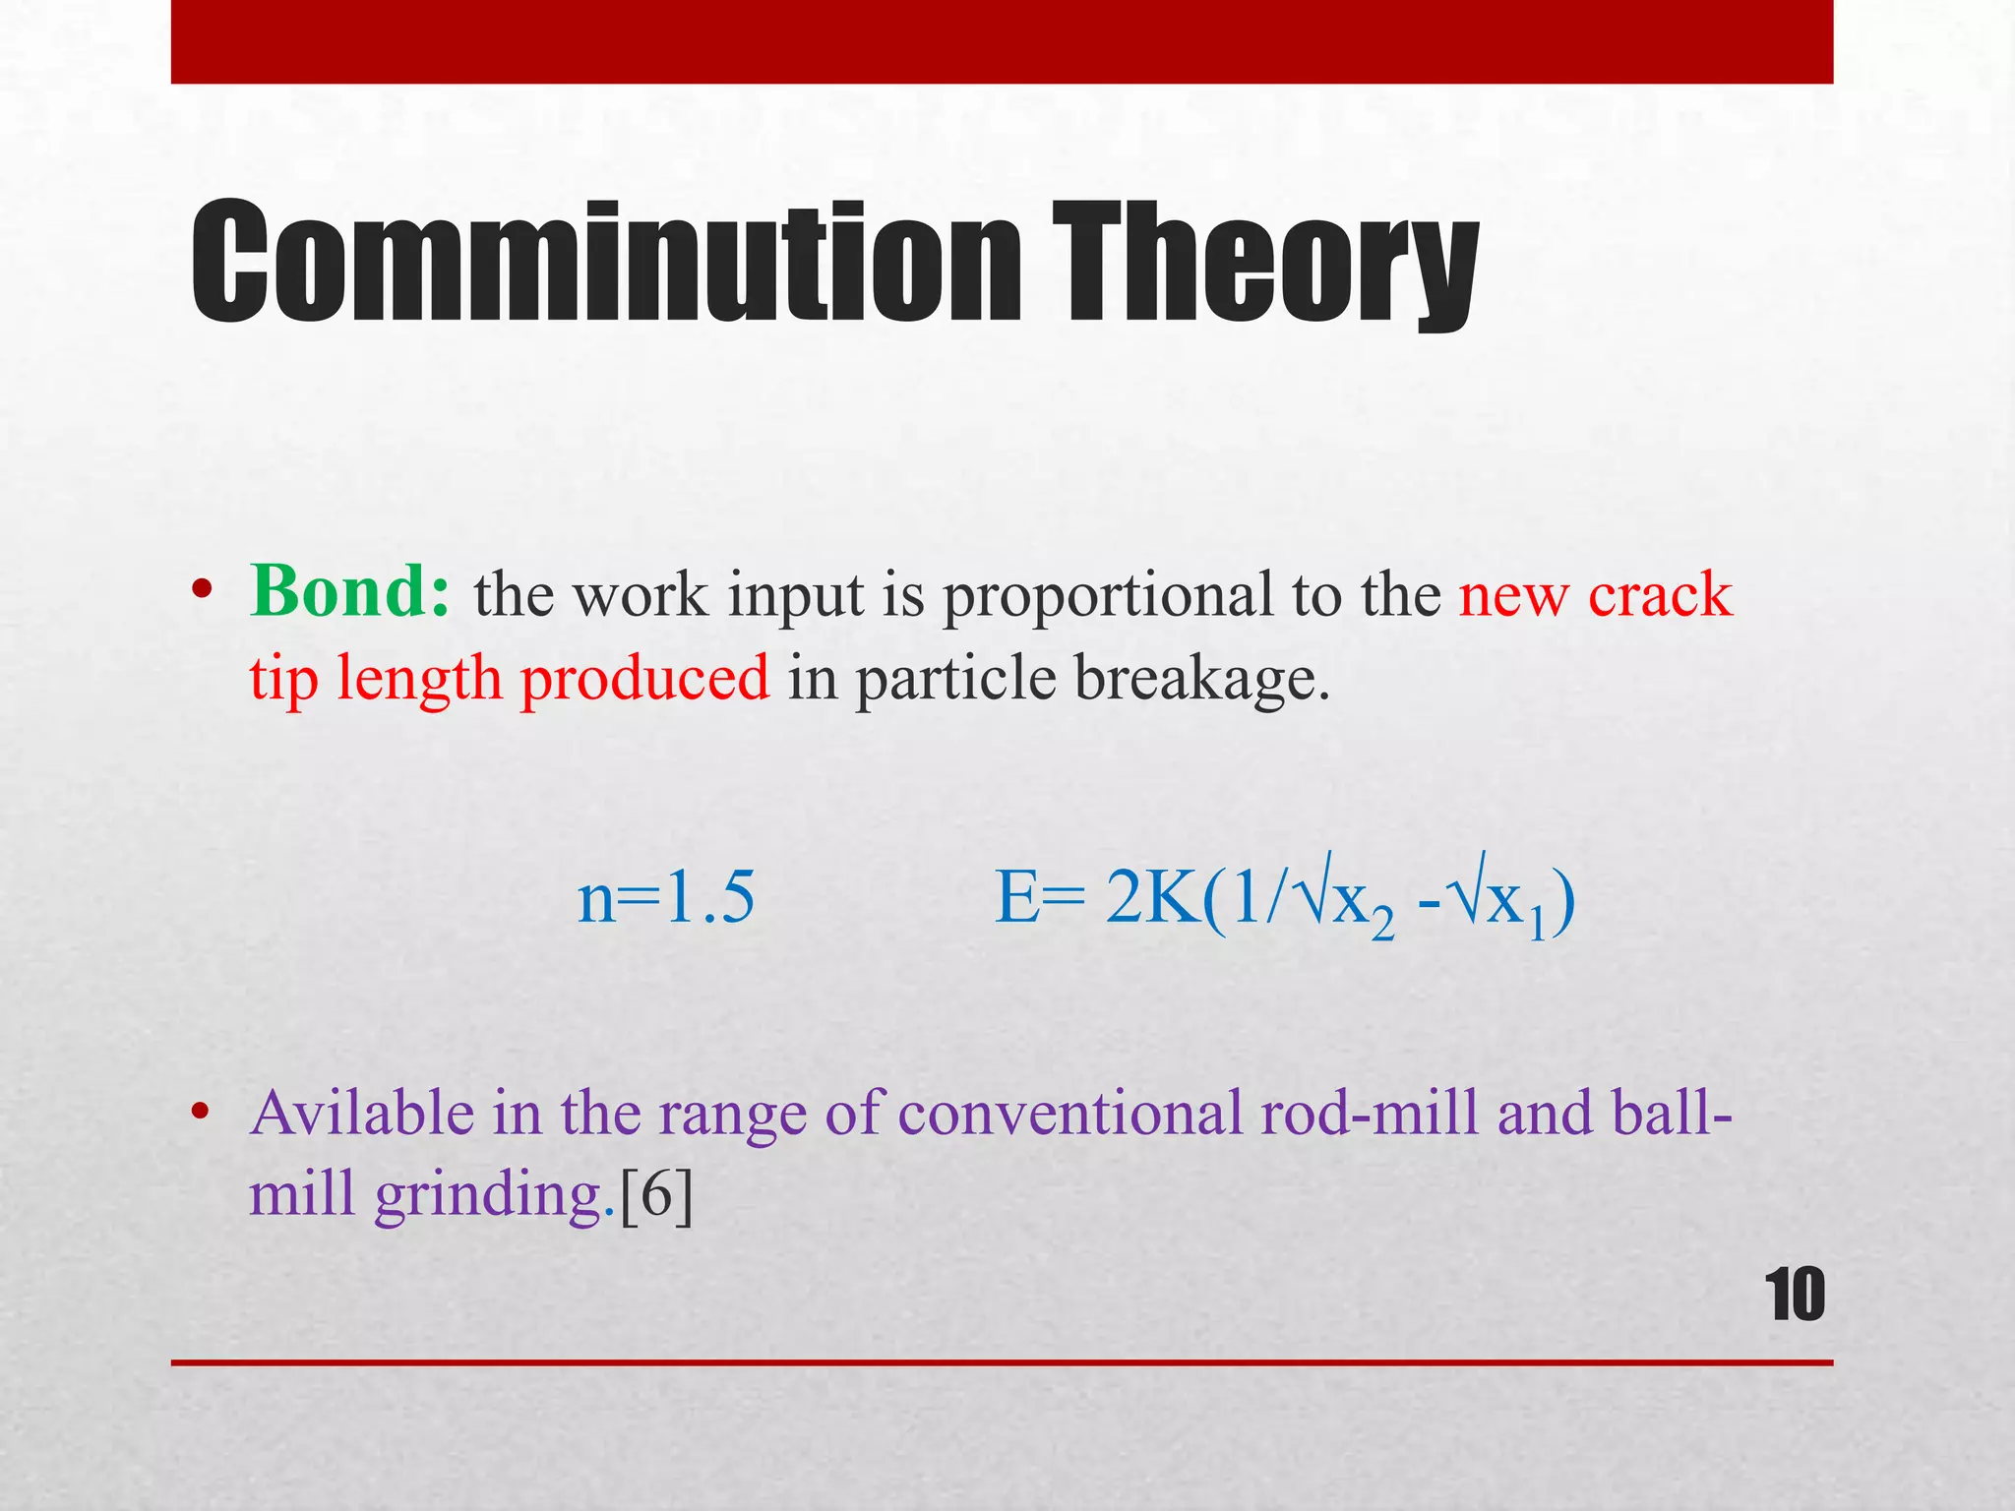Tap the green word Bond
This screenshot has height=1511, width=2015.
point(349,592)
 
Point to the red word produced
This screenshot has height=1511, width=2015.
point(644,679)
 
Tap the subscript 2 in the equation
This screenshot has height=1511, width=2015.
point(1382,925)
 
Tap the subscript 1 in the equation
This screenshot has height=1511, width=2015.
point(1538,925)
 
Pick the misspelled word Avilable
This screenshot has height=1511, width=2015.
point(362,1114)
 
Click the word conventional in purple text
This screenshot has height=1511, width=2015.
point(1070,1114)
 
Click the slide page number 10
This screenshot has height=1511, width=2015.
point(1795,1296)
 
